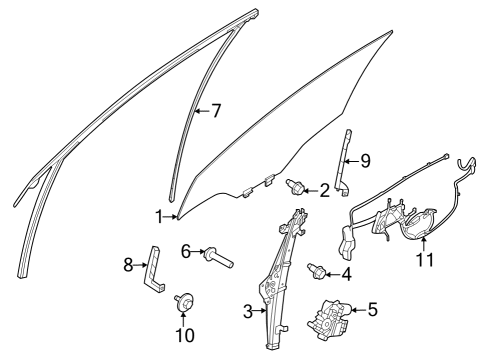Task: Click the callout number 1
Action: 158,215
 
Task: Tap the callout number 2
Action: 324,190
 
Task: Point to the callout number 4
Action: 346,273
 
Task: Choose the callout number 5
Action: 372,310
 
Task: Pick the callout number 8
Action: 128,264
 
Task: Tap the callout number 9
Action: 365,158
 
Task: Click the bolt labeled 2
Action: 297,186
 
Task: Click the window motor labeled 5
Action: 330,320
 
